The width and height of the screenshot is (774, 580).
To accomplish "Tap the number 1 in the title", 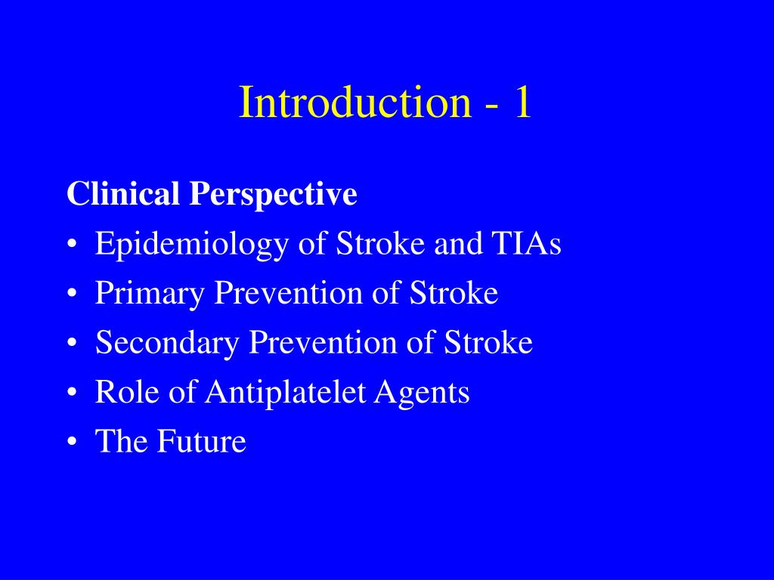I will point(522,103).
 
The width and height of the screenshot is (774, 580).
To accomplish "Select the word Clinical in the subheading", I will point(124,194).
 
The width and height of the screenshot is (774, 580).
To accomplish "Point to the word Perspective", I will point(273,195).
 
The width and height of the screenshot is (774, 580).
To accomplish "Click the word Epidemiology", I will point(192,245).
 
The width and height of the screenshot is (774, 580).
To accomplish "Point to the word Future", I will point(202,442).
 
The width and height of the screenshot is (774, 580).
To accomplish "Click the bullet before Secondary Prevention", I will point(72,344).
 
